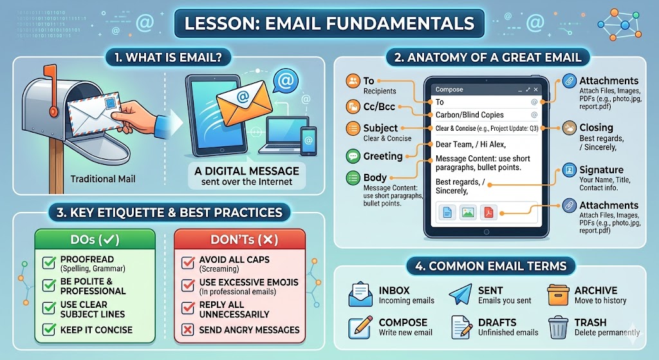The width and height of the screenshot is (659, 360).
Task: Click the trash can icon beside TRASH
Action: pos(557,327)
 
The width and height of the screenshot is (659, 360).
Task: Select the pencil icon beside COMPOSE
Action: pos(360,327)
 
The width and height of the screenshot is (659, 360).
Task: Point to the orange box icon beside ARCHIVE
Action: pos(557,295)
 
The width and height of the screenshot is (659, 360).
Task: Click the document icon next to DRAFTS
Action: pos(460,327)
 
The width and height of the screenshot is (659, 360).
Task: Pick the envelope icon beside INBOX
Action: pos(360,295)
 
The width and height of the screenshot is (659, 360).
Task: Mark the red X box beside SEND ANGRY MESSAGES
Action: pos(188,329)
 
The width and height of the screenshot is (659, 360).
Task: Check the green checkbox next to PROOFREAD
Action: pos(48,263)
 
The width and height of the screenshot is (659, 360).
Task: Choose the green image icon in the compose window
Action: pos(468,211)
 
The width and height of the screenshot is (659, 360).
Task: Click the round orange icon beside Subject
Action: pos(353,128)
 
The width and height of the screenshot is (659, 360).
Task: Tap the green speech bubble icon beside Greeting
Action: pos(353,156)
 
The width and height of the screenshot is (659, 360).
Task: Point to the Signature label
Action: pos(601,170)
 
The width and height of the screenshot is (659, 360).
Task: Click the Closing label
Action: pos(596,128)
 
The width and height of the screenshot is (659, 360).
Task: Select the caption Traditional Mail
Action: pos(103,179)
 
